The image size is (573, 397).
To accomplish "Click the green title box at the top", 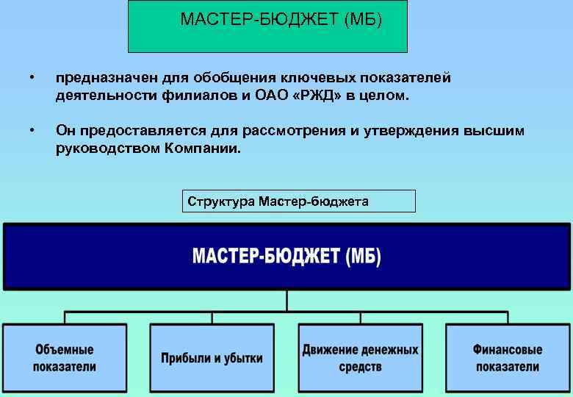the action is [268, 26].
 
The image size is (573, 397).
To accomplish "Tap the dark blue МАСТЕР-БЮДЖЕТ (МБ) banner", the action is [286, 257].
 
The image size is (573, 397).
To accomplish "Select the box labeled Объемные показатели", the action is [64, 357].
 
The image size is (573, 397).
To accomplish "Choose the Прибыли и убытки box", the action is [212, 358].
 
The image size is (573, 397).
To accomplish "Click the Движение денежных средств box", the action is [360, 358].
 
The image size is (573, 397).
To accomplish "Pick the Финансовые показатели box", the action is [507, 358].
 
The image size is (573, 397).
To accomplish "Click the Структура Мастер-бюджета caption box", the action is [298, 201].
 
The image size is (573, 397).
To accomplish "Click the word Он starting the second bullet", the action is [65, 131].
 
